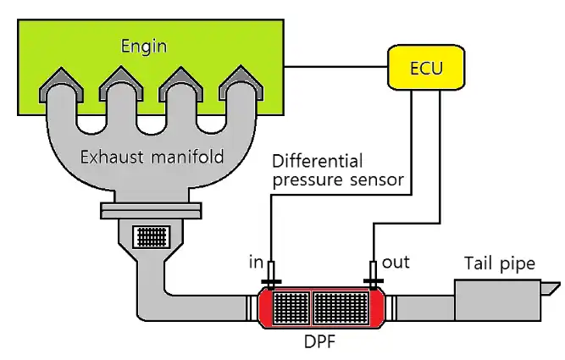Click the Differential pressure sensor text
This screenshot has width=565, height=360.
339,169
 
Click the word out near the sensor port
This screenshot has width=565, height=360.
396,262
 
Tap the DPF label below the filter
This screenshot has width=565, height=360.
320,343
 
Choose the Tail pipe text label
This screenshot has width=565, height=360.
500,263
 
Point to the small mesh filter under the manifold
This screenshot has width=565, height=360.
153,234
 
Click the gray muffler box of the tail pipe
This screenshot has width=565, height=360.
495,301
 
